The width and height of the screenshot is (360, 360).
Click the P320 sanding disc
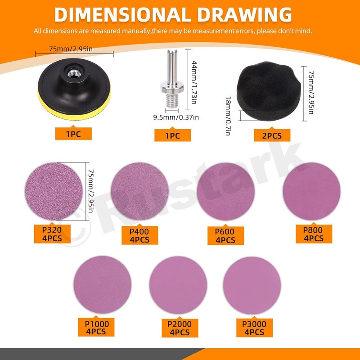coord(54,191)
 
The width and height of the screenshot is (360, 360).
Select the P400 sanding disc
coord(139,191)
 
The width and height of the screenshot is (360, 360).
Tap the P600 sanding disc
coord(226,191)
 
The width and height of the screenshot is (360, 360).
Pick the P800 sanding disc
coord(311,191)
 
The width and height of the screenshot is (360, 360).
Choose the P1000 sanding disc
coord(103,285)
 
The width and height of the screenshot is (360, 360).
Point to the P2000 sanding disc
coord(178,285)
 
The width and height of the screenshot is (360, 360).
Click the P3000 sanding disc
coord(252,285)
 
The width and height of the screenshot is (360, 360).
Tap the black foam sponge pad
coord(269,91)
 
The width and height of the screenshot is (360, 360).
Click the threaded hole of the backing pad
coord(74,73)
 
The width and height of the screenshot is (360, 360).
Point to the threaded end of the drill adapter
coord(172,100)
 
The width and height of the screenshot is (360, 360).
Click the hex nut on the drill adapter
coord(172,87)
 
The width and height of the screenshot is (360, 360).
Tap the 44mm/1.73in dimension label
coord(194,82)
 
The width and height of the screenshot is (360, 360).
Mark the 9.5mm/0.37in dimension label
coord(176,117)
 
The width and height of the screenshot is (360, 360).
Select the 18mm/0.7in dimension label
coord(228,116)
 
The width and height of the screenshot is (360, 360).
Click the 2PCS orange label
coord(272,135)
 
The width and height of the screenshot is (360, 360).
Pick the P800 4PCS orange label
coord(314,234)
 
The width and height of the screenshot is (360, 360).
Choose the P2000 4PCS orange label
coord(180,328)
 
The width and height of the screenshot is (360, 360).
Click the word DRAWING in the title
coord(244,15)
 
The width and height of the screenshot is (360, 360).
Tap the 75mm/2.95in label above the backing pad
coord(71,49)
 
